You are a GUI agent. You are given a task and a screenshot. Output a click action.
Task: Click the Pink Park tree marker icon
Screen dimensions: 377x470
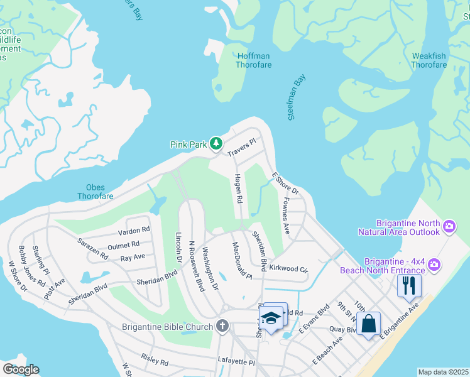coord(216,144)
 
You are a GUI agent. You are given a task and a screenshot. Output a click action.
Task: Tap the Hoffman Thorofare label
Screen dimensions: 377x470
coord(253,60)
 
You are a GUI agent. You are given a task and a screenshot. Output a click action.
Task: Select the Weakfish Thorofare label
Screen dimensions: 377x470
coord(429,60)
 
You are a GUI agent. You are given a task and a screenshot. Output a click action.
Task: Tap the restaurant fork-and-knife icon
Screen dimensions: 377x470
coord(409,285)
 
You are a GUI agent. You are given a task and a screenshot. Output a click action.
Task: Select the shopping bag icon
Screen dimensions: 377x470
coord(369,324)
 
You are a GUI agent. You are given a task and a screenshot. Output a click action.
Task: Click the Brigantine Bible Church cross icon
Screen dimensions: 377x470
coord(221,326)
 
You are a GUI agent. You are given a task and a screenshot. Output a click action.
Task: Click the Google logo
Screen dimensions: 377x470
coord(21,369)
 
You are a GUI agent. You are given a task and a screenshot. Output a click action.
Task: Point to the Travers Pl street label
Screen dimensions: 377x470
coord(243,148)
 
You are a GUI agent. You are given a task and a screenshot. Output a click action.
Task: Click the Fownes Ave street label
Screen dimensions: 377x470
coord(285,216)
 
